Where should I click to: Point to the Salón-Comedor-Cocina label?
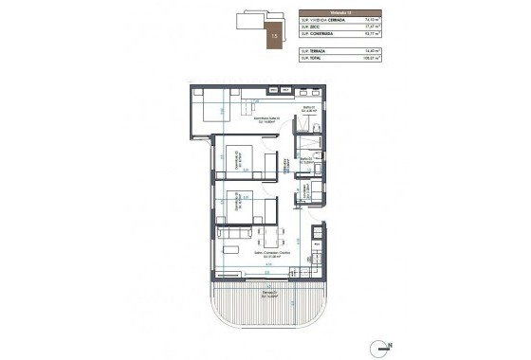click(x=244, y=253)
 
